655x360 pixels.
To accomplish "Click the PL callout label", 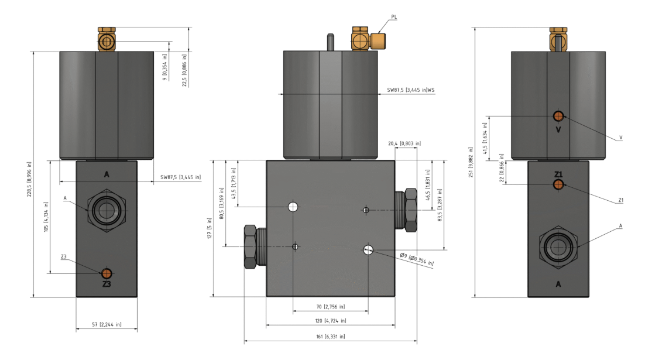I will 394,18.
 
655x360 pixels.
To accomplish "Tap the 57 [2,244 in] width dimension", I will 107,324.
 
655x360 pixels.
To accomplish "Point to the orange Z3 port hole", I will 107,273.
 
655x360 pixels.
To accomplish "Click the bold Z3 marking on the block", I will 107,284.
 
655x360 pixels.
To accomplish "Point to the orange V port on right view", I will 558,116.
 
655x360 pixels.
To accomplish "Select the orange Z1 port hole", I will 558,184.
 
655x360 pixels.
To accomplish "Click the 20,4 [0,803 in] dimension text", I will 404,143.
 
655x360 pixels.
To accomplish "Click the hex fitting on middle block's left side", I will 251,246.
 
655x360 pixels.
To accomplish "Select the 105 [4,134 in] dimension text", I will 47,217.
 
